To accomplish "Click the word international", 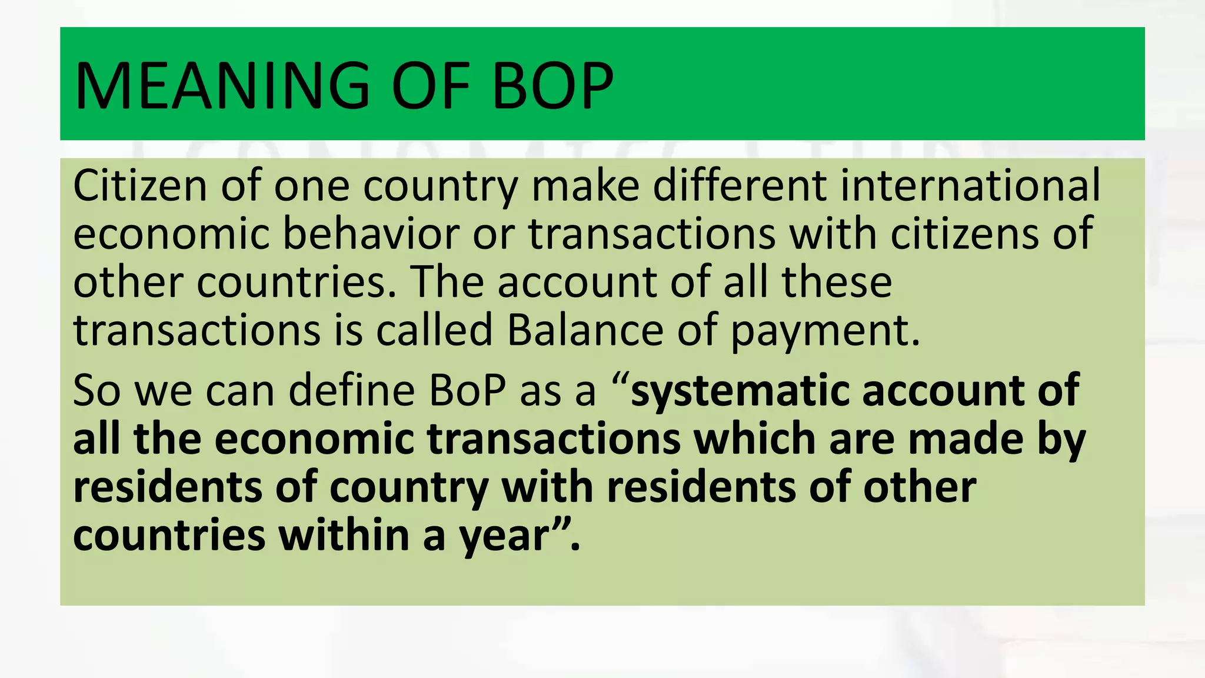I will click(970, 185).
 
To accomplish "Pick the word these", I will click(836, 282).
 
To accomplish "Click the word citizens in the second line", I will click(965, 234).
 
